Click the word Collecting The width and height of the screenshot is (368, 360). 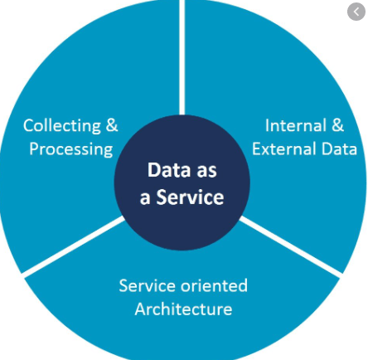(x=62, y=126)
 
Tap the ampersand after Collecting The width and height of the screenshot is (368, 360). (x=112, y=125)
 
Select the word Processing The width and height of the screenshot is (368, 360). (x=71, y=150)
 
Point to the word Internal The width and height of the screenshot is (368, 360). (x=296, y=125)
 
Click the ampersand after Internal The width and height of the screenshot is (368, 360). (x=337, y=125)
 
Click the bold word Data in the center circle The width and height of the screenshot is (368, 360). (x=165, y=170)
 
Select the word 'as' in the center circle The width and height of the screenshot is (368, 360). (x=206, y=172)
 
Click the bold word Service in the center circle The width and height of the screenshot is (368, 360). (x=190, y=197)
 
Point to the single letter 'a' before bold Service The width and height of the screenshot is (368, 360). (x=145, y=199)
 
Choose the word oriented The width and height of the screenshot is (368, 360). (x=215, y=285)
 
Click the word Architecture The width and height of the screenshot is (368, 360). (x=183, y=309)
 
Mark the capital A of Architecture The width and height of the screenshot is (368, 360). (x=141, y=309)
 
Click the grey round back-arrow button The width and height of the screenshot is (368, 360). (x=356, y=12)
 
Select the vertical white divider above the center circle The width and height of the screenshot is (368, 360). (x=182, y=57)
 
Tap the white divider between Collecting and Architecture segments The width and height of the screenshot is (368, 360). (x=74, y=246)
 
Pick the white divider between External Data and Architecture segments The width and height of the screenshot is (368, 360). (x=290, y=246)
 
